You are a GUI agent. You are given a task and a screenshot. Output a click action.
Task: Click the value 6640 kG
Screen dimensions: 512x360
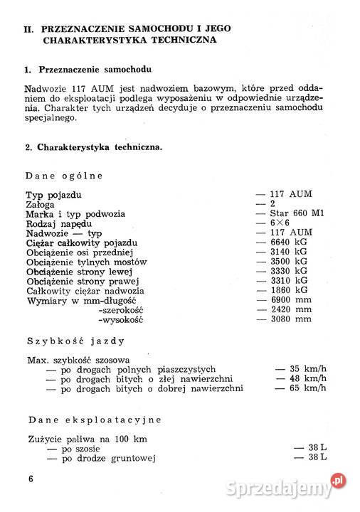click(292, 243)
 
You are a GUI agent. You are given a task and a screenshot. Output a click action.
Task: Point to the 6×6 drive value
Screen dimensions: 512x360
click(282, 223)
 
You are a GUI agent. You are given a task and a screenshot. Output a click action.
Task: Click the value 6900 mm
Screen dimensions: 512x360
click(292, 301)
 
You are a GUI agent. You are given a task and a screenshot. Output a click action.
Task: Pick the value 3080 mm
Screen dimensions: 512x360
click(292, 320)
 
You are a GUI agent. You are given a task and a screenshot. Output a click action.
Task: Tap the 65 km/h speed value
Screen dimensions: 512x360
click(308, 389)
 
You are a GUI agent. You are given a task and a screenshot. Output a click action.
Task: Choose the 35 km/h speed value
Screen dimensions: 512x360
click(308, 369)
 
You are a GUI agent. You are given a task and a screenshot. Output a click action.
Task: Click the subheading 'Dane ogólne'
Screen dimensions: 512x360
click(65, 175)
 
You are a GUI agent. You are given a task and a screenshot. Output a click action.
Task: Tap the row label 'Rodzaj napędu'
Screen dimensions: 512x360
click(58, 223)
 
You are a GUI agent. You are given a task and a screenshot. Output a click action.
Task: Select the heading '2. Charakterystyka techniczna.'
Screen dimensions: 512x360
click(92, 147)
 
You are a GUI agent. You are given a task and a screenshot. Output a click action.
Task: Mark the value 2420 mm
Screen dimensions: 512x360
click(292, 311)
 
